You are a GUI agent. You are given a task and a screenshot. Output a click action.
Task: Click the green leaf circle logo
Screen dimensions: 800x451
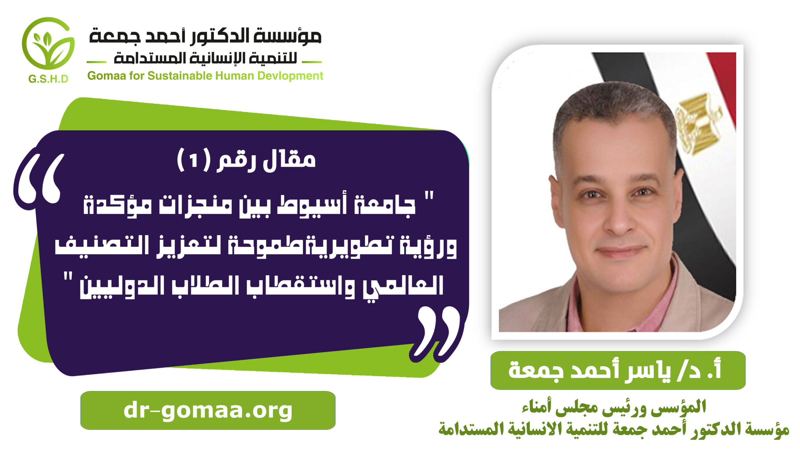click(x=48, y=43)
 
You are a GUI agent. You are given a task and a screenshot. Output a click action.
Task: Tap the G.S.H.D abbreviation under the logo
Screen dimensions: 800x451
click(x=48, y=79)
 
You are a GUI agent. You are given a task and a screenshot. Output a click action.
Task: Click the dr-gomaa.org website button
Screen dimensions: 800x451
click(x=208, y=410)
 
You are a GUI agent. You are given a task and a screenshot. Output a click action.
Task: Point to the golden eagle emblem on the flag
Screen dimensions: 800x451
click(x=699, y=123)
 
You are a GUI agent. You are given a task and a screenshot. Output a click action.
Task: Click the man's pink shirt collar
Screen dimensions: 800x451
click(x=622, y=300)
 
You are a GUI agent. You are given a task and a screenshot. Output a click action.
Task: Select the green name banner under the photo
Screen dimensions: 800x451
click(x=618, y=370)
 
